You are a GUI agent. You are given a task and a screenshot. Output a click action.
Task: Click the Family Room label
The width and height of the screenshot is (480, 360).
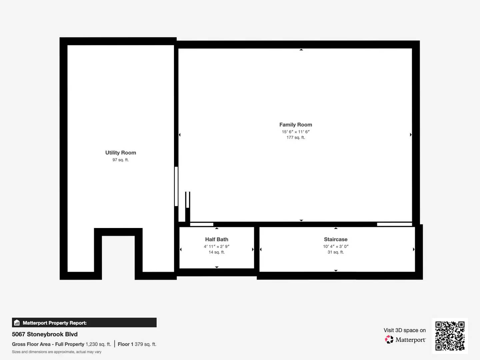coord(296,125)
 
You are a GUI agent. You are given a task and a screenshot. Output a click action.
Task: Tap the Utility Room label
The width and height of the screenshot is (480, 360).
coord(121,153)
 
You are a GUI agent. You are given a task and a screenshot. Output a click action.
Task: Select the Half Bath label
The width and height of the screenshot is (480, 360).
coord(216,239)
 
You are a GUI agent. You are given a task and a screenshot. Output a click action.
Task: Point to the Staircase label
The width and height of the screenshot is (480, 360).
coord(336,239)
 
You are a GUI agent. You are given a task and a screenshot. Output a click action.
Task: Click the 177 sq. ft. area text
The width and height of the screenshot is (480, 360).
coord(296,137)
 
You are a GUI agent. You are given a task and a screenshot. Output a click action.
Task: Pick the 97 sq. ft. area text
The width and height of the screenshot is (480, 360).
coord(121,160)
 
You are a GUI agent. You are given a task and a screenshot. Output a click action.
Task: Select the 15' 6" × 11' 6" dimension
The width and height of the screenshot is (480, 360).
coord(296,132)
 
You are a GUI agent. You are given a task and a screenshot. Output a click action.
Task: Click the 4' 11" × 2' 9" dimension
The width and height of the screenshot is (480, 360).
coord(216,247)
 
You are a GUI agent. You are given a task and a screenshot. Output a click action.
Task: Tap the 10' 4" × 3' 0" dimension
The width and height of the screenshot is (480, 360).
coord(336,247)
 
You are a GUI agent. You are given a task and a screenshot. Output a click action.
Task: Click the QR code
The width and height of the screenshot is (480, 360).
coord(450,336)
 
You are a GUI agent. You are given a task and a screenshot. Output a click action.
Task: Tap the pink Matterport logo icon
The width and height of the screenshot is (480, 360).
coord(389,339)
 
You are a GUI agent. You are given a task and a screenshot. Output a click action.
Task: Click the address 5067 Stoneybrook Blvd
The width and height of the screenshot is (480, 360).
coord(45,334)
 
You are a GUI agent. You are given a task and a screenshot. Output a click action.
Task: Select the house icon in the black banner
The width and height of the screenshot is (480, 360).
coord(17,323)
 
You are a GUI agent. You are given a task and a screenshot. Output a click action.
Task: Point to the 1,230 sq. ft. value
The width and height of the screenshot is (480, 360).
coord(98,344)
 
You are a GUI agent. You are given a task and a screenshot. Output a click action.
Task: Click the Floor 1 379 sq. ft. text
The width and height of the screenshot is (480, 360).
coord(137,344)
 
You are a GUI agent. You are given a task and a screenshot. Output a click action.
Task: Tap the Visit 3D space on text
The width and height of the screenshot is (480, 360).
coord(405,330)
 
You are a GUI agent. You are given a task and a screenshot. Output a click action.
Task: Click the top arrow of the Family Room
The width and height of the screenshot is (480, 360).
coord(301,50)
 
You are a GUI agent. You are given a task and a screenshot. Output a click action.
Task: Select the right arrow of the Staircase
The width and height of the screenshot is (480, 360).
coord(414,249)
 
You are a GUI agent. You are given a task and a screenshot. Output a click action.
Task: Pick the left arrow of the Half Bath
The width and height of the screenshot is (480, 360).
coord(181,249)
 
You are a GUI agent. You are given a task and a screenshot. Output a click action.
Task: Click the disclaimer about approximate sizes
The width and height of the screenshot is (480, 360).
coord(57,352)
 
